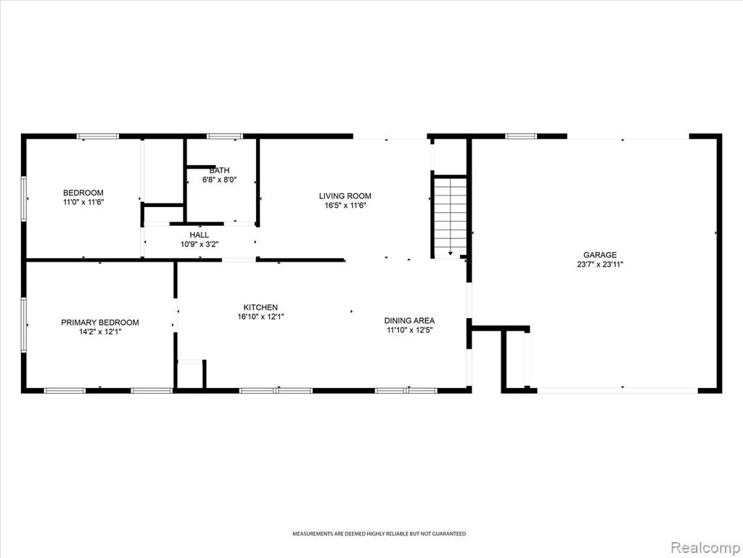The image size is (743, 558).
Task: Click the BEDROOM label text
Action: tap(83, 193)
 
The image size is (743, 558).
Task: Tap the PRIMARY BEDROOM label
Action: tap(100, 323)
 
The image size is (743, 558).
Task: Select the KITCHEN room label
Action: tap(260, 307)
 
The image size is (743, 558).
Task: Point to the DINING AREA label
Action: tap(409, 320)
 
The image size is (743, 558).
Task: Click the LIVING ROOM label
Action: tap(345, 196)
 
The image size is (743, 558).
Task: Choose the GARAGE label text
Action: tap(600, 255)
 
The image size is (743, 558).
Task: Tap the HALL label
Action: tap(199, 235)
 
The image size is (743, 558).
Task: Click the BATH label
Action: tap(219, 170)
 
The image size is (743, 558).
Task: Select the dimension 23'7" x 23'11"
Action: tap(600, 264)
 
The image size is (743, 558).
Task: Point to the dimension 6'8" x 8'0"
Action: tap(219, 180)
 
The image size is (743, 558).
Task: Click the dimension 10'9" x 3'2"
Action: tap(199, 244)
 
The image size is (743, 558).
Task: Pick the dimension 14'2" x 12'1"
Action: tap(100, 332)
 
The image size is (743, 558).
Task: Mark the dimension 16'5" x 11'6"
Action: tap(345, 206)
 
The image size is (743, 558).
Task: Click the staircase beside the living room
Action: tap(450, 217)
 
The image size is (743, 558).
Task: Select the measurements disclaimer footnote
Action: tap(379, 534)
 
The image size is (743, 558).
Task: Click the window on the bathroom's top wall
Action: tap(225, 136)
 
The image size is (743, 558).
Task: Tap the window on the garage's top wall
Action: tap(521, 136)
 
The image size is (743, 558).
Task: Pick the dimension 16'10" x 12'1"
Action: tap(260, 317)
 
